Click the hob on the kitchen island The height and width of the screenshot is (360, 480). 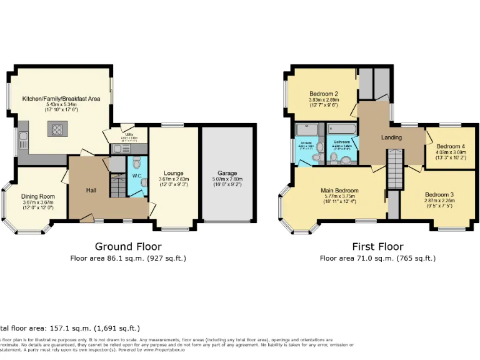coord(57,130)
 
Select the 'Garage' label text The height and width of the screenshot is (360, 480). coord(227,173)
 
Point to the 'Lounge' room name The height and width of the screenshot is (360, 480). coord(173,173)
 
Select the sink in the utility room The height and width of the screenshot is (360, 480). coord(117,148)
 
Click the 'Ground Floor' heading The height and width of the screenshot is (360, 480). coord(128,247)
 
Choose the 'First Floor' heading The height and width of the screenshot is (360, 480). coord(377,247)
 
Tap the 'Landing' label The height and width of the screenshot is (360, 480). coord(392,137)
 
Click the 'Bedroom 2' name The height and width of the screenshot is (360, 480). coord(323,94)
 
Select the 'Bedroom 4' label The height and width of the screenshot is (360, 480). coord(450,146)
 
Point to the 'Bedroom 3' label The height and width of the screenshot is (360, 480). coord(439,194)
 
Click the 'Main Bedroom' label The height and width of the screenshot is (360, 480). coord(339,190)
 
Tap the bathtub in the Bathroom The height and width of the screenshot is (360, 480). coord(341,129)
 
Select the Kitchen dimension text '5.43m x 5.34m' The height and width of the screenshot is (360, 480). coord(61,104)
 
